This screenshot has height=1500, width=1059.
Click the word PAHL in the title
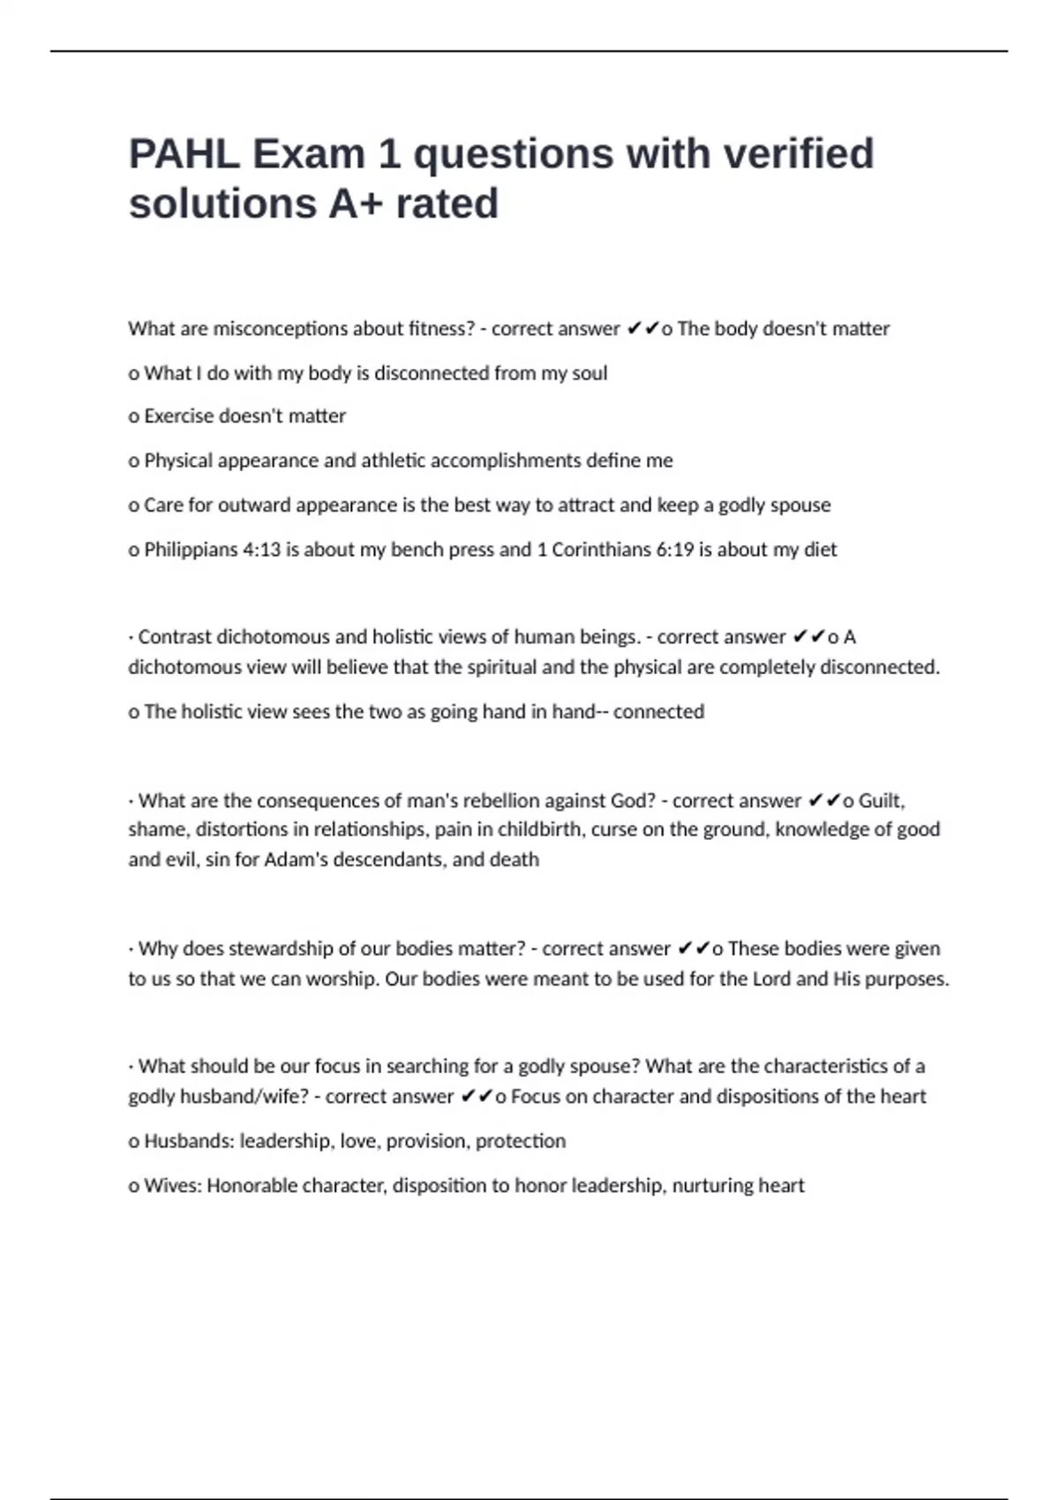(x=184, y=154)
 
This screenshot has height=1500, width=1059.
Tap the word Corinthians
(x=601, y=549)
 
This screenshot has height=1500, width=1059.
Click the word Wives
(x=173, y=1185)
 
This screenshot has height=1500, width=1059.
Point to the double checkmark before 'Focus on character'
(x=477, y=1096)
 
